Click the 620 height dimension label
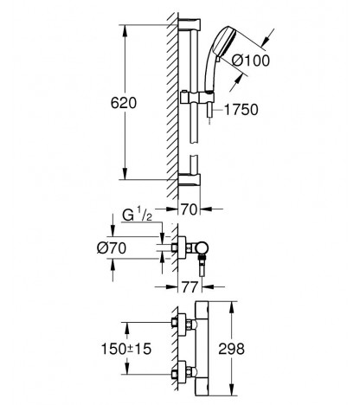tap(124, 103)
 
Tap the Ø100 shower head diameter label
tap(251, 61)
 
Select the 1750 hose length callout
tap(241, 110)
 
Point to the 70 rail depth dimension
tap(190, 209)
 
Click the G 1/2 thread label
tap(138, 215)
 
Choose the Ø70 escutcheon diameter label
tap(112, 247)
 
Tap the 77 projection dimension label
tap(190, 286)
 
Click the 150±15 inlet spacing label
tap(126, 349)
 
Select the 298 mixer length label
tap(231, 349)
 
